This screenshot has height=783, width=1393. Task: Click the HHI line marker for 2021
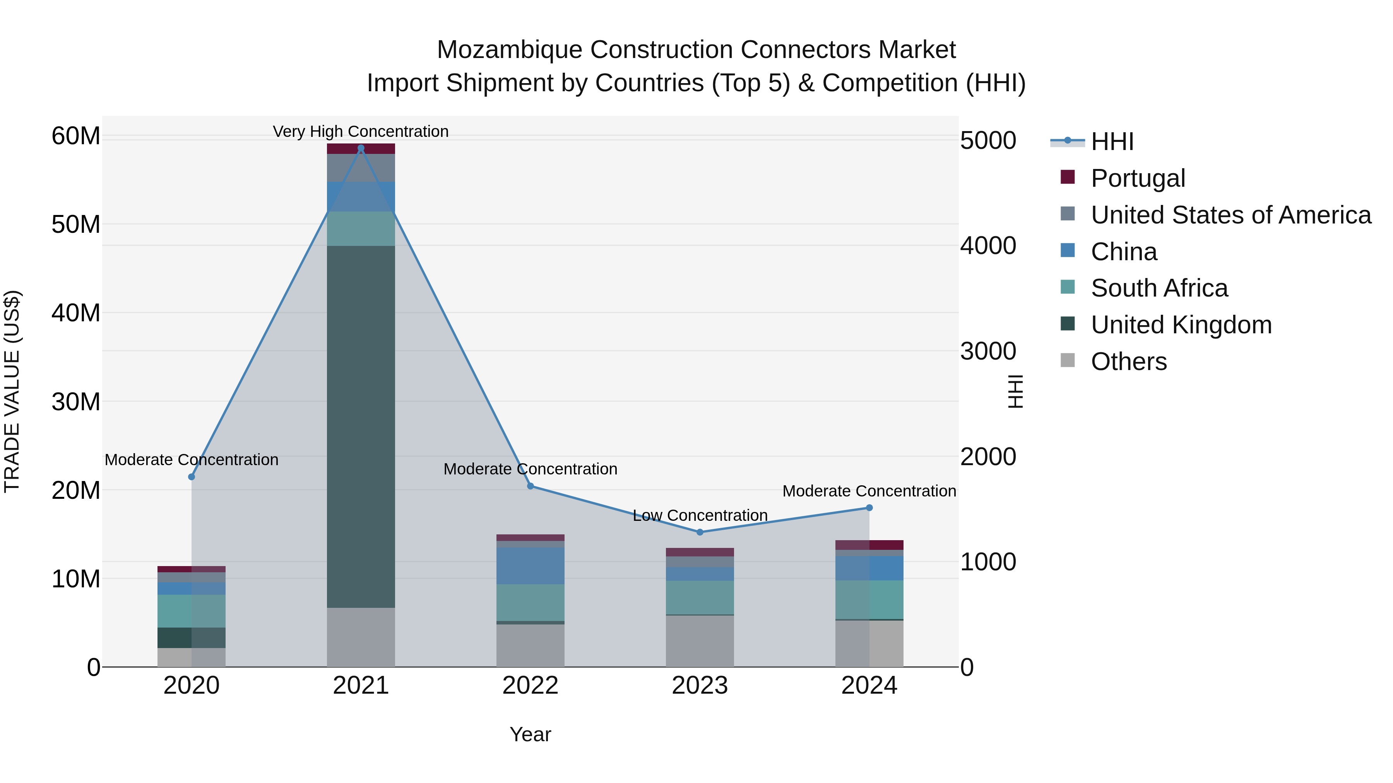[x=361, y=148]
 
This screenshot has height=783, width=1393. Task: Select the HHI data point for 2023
[x=700, y=532]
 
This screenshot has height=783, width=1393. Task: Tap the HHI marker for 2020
[x=192, y=477]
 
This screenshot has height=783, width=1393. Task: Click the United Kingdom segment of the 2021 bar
[x=361, y=427]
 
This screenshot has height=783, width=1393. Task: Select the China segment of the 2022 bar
[x=530, y=566]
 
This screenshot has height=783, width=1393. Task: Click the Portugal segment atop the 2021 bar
[x=361, y=148]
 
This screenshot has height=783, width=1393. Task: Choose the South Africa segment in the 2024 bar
[x=869, y=600]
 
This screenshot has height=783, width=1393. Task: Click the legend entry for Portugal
[x=1137, y=178]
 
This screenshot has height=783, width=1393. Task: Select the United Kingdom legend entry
[x=1181, y=325]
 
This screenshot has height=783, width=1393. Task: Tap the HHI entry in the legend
[x=1111, y=142]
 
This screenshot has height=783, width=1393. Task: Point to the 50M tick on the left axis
[x=76, y=224]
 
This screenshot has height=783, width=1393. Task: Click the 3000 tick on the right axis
[x=988, y=351]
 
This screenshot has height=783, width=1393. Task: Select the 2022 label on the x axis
[x=530, y=686]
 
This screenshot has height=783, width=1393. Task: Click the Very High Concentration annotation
[x=361, y=131]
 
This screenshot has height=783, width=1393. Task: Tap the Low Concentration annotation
[x=700, y=515]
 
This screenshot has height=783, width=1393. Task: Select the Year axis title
[x=530, y=734]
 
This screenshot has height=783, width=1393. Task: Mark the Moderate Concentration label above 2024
[x=869, y=491]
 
